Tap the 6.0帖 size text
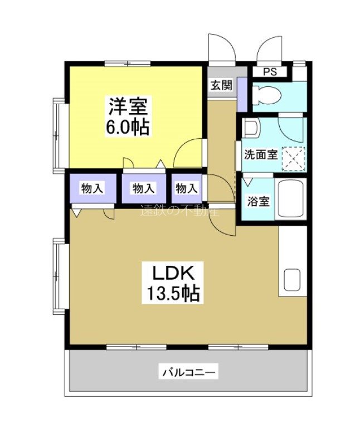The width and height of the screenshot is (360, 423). coord(128,127)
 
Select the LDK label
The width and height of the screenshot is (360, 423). coord(173,273)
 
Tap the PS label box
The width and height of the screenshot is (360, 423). coord(270,72)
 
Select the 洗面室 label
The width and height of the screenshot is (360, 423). coord(260,154)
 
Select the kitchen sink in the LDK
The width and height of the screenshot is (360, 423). coord(291,281)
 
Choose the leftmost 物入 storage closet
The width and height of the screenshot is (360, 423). coord(93,188)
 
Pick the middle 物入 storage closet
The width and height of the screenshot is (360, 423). coord(143,188)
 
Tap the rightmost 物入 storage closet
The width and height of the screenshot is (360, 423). coord(187,188)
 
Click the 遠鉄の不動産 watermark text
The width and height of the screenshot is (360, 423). coord(179,211)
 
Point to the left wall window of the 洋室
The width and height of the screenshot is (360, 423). coord(60,132)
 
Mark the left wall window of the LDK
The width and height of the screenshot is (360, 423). coord(60,276)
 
